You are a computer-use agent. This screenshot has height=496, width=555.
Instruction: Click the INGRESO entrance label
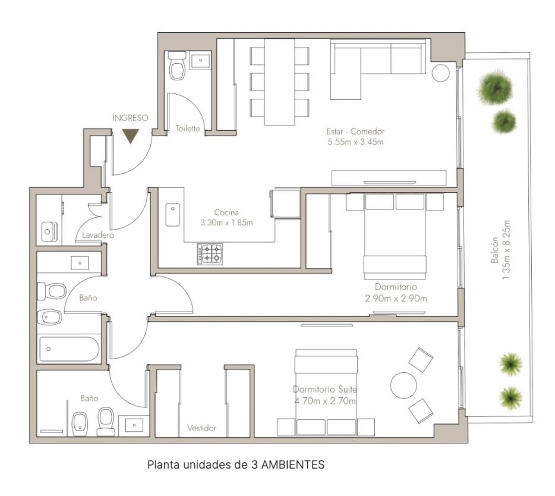130,118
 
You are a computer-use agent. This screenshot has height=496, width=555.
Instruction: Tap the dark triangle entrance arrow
130,136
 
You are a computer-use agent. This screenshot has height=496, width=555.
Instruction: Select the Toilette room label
188,128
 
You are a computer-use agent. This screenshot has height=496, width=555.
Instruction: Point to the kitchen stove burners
210,254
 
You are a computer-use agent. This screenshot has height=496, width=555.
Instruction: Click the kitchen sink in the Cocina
173,215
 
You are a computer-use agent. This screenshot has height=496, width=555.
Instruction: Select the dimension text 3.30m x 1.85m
226,223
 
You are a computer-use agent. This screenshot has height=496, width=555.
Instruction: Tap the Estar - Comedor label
355,131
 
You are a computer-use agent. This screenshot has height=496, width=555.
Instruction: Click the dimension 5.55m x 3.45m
355,142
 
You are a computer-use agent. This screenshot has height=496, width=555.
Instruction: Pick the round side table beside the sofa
441,73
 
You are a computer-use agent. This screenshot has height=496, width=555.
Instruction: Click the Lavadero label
98,236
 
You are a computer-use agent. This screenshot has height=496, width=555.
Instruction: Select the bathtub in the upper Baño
69,349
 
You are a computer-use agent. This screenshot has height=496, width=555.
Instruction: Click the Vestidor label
202,428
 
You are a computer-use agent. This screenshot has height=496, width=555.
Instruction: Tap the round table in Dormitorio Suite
403,385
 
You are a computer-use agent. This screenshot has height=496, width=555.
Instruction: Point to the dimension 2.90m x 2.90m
396,299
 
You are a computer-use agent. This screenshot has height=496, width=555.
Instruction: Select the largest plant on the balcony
495,87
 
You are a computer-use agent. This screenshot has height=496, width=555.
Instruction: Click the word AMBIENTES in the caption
293,464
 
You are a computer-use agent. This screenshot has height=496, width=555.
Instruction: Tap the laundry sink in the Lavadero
49,232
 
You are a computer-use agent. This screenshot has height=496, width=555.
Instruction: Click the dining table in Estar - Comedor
280,81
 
